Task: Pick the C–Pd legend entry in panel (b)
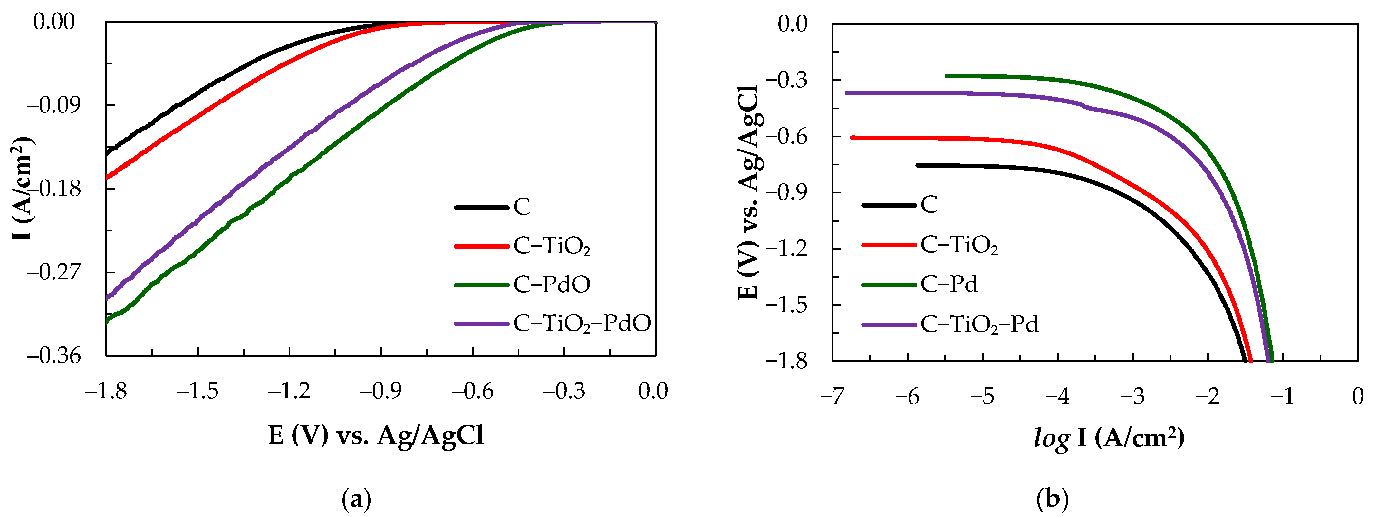(x=949, y=284)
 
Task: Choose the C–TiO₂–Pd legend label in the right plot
(x=979, y=325)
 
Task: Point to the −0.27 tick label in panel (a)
(x=51, y=272)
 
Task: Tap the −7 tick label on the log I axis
(x=832, y=397)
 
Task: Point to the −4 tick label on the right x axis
(x=1057, y=397)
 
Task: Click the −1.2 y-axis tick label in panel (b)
(x=786, y=249)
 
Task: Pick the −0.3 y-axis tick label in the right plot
(x=786, y=80)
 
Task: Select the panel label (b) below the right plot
(x=1052, y=500)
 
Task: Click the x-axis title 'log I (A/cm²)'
(x=1110, y=438)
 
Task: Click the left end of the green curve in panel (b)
(x=947, y=76)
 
